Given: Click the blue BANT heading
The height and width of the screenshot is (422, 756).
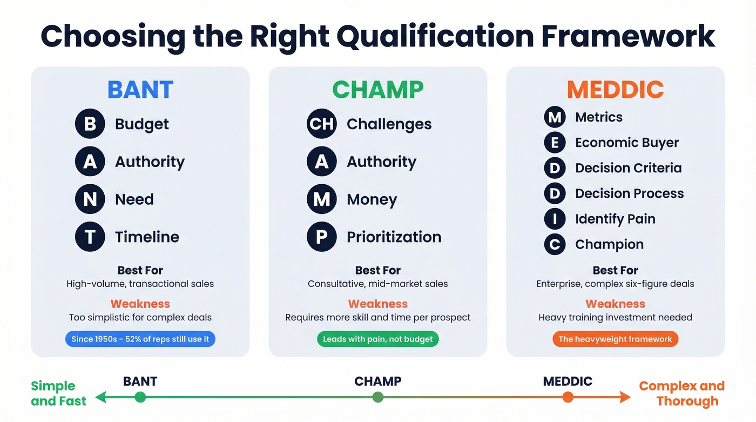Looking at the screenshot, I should point(140,90).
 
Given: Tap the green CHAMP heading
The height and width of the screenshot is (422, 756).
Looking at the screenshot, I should point(377,90).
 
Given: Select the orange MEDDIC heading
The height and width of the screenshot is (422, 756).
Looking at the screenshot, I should point(615,90).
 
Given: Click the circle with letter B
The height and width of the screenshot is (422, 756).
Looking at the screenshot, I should point(90,124).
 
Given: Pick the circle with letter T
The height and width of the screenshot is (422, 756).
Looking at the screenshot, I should point(90,237).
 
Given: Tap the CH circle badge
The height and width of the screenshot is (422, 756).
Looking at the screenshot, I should point(322,124).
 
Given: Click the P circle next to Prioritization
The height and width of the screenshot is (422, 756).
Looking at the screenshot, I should point(322,237).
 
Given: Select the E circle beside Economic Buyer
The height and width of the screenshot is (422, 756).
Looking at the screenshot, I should point(555,143).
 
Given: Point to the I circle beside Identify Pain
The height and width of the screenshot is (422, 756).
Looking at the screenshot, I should point(555,219).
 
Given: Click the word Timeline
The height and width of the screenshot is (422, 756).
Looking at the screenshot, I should point(147,237).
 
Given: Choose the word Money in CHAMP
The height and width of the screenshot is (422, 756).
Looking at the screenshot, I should point(372,199).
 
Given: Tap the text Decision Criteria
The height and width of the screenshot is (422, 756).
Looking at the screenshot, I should point(628,168).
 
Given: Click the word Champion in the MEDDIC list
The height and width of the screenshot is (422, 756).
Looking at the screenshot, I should point(609,244).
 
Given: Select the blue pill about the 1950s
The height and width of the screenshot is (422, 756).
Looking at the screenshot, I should point(140,339).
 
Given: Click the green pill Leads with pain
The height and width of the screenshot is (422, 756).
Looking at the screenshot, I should point(377,339).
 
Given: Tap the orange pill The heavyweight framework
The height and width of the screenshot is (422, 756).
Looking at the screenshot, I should point(615,339).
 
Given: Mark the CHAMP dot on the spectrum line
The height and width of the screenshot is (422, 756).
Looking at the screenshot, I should point(378,398).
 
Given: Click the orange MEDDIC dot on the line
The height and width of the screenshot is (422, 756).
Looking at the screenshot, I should point(568,398).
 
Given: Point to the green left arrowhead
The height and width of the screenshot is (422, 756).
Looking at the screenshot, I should point(100,398).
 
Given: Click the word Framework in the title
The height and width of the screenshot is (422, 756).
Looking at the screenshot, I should point(628,37).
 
